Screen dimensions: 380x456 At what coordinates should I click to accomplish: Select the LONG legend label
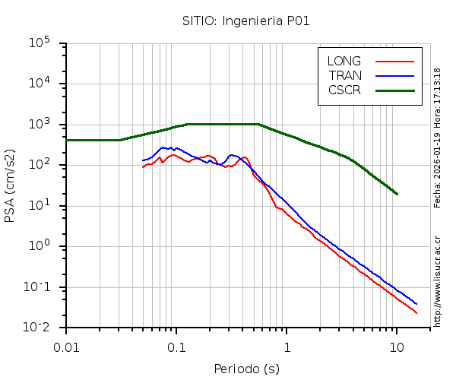coord(344,61)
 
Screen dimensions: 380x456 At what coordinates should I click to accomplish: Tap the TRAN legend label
coord(345,75)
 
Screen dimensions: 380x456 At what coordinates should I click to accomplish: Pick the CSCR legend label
coord(344,90)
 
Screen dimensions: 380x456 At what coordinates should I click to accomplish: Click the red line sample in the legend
coord(394,61)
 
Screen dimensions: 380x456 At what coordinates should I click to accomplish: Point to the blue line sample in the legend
coord(394,75)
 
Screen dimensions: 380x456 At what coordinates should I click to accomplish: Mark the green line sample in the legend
coord(394,90)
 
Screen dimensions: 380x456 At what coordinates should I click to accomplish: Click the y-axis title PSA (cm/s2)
coord(11,185)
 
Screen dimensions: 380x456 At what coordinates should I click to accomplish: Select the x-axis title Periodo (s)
coord(246,369)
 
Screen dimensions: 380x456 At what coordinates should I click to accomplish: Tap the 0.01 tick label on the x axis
coord(66,347)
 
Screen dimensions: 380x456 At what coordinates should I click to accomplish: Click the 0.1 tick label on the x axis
coord(176,347)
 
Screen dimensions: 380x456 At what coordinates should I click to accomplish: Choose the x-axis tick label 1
coord(287,347)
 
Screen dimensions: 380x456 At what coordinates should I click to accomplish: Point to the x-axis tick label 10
coord(397,347)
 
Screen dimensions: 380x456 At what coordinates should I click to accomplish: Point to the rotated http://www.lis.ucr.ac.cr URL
coord(438,277)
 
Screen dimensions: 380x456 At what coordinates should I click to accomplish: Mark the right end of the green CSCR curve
coord(397,194)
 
